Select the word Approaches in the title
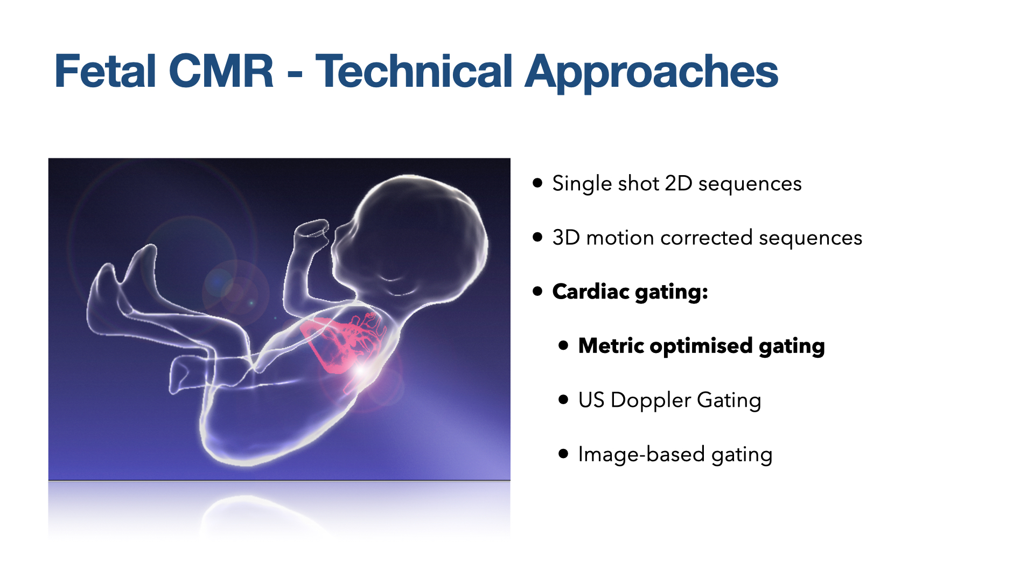(652, 73)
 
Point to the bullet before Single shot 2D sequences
(537, 183)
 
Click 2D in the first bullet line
(679, 184)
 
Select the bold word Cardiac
(591, 292)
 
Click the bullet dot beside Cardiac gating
(537, 292)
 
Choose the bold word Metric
(611, 345)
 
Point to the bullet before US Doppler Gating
(563, 399)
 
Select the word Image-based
(641, 454)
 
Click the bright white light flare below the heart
(361, 370)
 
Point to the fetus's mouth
(392, 278)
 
